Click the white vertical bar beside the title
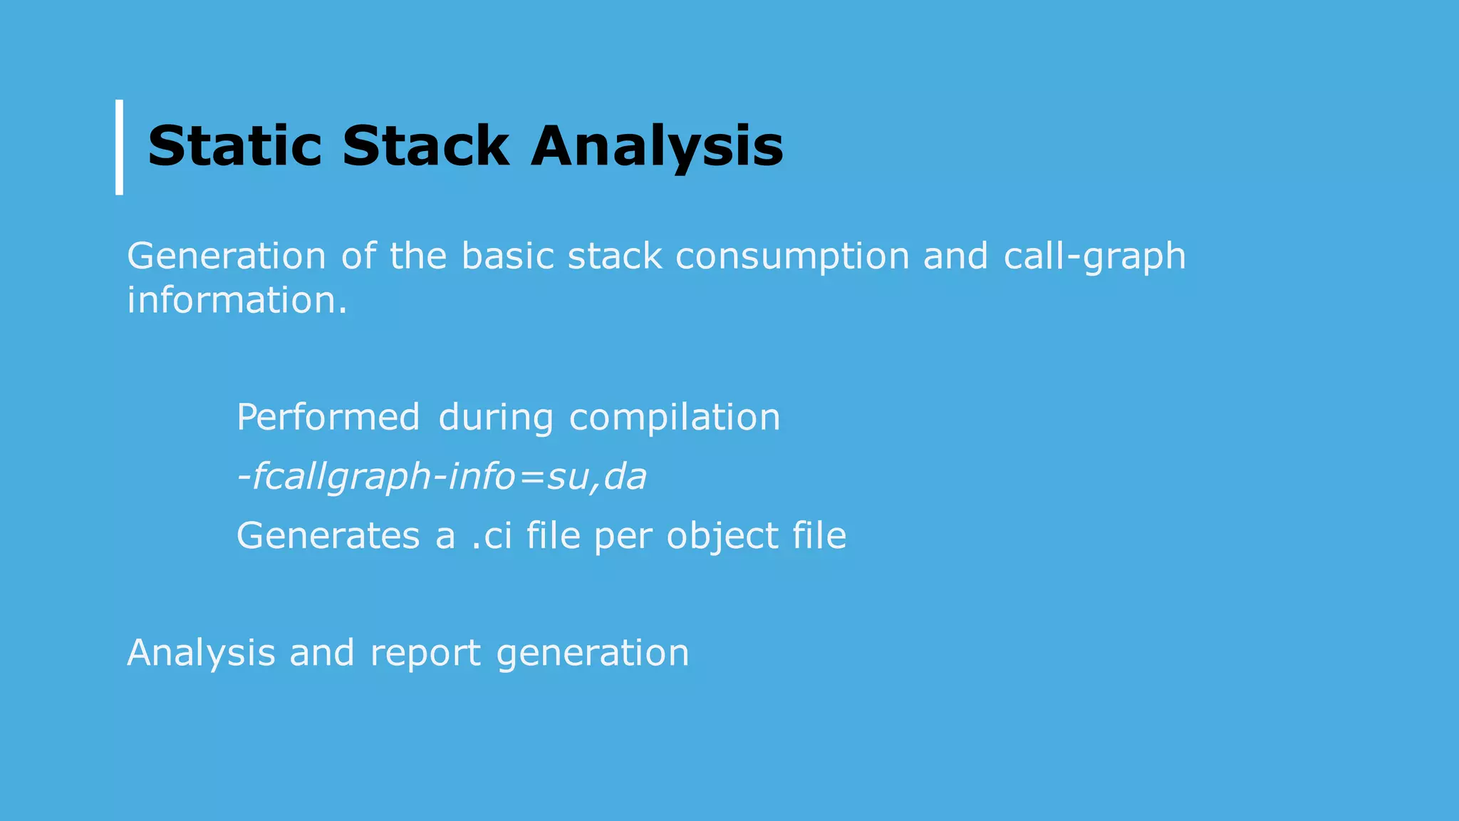[119, 147]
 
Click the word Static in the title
[234, 146]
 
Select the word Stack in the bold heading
[425, 146]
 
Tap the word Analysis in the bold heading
[656, 148]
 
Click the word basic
[507, 256]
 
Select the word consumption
[792, 257]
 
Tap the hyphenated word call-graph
[1094, 257]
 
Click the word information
[237, 300]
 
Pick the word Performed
[328, 417]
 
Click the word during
[495, 418]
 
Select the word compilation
[674, 418]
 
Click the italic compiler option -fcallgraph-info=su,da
[441, 477]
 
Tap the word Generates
[328, 536]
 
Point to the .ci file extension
[492, 536]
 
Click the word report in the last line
[425, 654]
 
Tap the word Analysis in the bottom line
[201, 654]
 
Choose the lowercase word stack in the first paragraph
[614, 256]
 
